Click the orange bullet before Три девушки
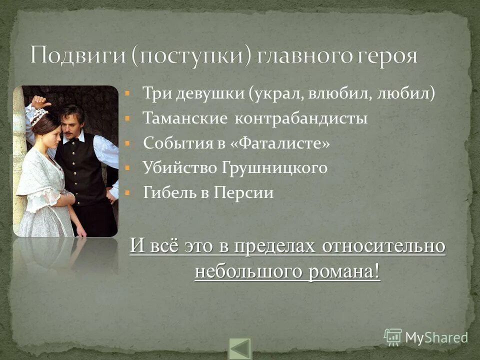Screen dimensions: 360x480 128,93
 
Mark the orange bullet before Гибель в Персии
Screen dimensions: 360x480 128,192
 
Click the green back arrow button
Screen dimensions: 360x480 240,349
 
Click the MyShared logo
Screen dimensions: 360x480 425,336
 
